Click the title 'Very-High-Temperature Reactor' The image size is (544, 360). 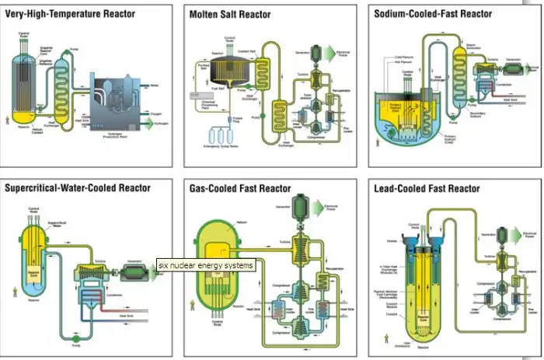tap(70, 14)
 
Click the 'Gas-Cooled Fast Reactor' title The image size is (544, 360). tap(240, 188)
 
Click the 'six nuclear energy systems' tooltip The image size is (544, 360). tap(206, 266)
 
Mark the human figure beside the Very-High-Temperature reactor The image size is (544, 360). tap(9, 119)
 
